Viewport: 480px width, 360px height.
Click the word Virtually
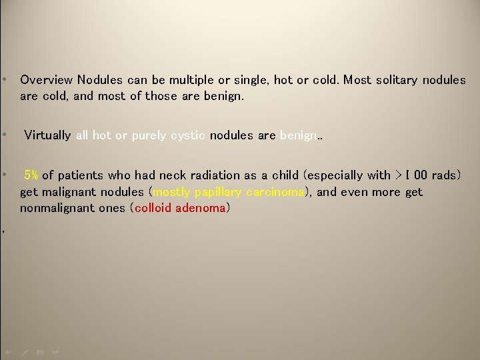[x=47, y=135]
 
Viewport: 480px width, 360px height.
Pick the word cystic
[x=187, y=135]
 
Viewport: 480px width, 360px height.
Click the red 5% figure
[x=31, y=175]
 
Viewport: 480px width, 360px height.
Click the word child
[x=285, y=175]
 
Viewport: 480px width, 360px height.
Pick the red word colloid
[x=153, y=208]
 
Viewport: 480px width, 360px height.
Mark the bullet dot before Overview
[x=5, y=80]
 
